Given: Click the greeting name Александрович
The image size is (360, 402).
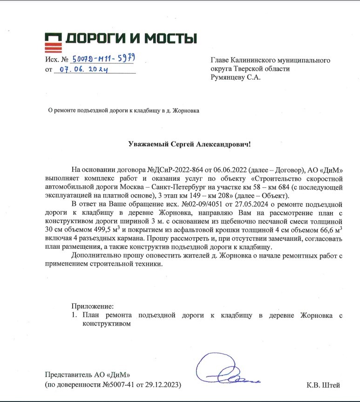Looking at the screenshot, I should coord(221,144).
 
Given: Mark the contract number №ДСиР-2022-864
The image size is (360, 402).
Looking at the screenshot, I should coord(173,169).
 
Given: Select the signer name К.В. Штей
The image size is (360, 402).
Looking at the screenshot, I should coord(324,385).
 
